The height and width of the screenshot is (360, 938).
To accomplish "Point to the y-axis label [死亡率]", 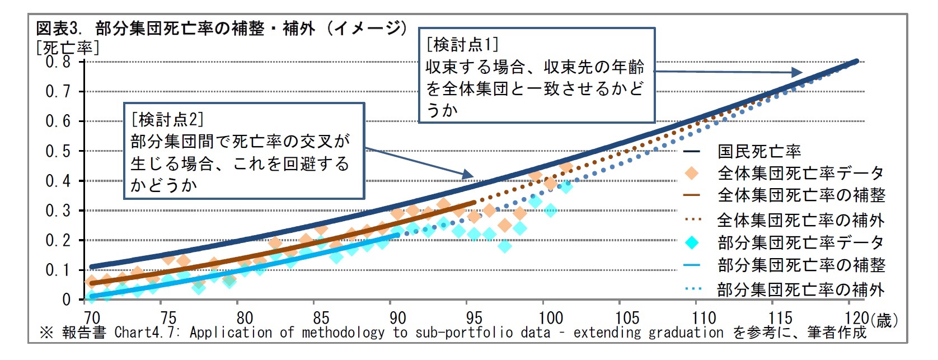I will pyautogui.click(x=67, y=47).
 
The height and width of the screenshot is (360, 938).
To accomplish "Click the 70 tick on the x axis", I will pyautogui.click(x=92, y=318).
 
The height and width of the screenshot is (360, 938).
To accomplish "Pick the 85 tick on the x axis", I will pyautogui.click(x=321, y=318).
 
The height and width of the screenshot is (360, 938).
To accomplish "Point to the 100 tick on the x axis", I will pyautogui.click(x=550, y=318).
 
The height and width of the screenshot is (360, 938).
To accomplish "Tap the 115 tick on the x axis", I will pyautogui.click(x=780, y=318).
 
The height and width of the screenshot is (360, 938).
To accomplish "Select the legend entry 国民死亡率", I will pyautogui.click(x=759, y=151).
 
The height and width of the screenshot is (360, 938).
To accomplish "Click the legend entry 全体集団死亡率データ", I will pyautogui.click(x=800, y=174).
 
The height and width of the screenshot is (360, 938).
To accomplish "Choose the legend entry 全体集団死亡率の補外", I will pyautogui.click(x=800, y=220).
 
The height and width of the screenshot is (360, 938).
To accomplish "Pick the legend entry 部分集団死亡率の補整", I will pyautogui.click(x=800, y=265).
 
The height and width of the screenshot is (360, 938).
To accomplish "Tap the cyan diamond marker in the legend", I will pyautogui.click(x=692, y=242).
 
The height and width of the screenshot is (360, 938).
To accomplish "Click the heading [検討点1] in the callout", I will pyautogui.click(x=462, y=44).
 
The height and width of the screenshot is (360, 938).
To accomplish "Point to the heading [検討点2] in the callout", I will pyautogui.click(x=167, y=119).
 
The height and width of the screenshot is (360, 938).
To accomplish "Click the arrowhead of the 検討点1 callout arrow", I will pyautogui.click(x=797, y=72).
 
